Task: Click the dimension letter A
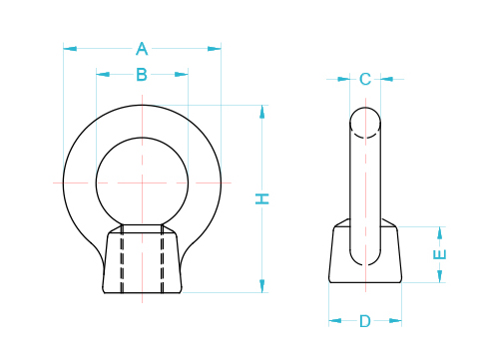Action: click(x=142, y=48)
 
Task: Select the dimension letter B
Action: click(x=142, y=74)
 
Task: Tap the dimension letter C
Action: click(x=365, y=79)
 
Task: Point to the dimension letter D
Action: click(x=365, y=321)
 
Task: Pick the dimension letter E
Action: click(x=440, y=254)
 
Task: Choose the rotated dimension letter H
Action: click(x=262, y=198)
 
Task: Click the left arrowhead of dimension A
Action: click(x=69, y=48)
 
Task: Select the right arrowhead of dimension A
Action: click(x=216, y=48)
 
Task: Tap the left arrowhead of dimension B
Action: click(x=102, y=74)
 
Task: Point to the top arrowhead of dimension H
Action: click(x=262, y=111)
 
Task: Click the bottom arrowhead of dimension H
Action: click(x=262, y=286)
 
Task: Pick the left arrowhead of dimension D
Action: click(x=334, y=321)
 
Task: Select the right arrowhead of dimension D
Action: click(x=396, y=321)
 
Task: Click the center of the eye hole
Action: click(x=142, y=181)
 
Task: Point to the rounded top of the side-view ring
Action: click(x=365, y=118)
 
